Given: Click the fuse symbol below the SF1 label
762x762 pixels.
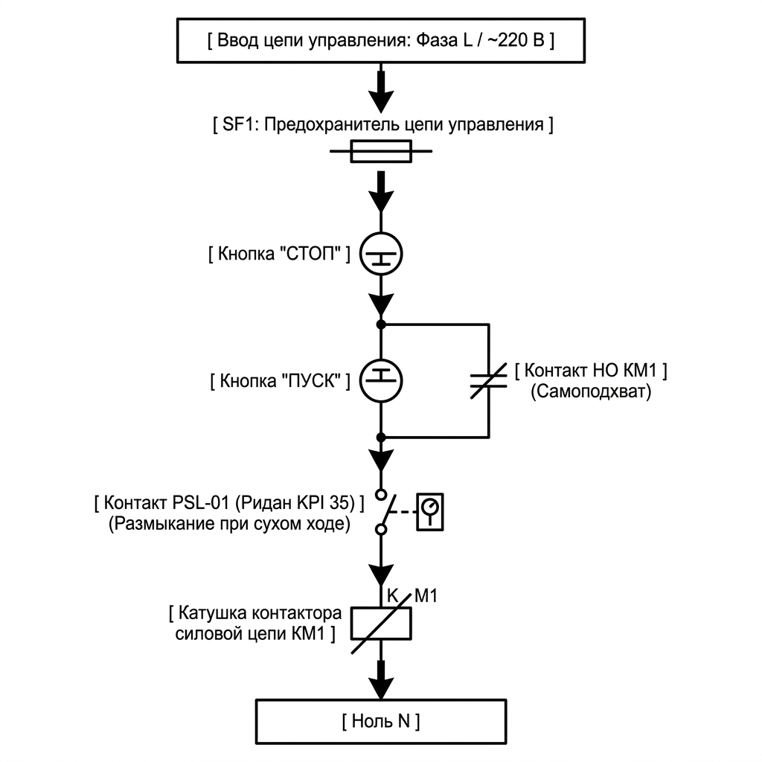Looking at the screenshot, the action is pyautogui.click(x=381, y=151).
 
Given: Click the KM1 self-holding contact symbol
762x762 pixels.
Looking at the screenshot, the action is pyautogui.click(x=489, y=380).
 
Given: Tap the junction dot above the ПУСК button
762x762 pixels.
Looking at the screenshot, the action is pyautogui.click(x=381, y=324).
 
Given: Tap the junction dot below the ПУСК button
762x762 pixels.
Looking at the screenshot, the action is pyautogui.click(x=381, y=438).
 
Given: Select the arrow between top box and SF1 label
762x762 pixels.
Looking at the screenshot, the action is pyautogui.click(x=381, y=92).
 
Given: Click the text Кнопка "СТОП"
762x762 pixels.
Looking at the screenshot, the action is pyautogui.click(x=280, y=254).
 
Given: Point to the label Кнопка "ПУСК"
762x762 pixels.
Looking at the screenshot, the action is pyautogui.click(x=280, y=380).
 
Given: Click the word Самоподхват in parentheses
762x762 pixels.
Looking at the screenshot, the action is pyautogui.click(x=591, y=391).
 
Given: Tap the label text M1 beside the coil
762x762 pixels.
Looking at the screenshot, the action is pyautogui.click(x=426, y=596).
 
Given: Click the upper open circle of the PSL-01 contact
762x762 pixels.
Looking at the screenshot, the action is pyautogui.click(x=382, y=495).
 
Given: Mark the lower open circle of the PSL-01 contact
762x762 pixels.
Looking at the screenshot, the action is pyautogui.click(x=382, y=529).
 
